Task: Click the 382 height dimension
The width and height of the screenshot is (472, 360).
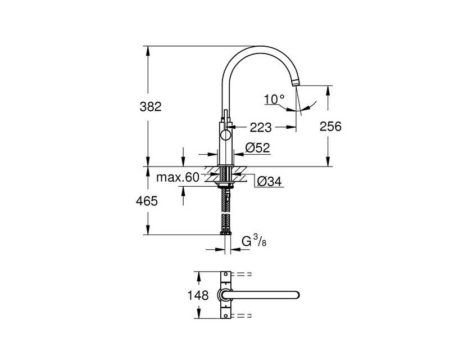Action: click(151, 107)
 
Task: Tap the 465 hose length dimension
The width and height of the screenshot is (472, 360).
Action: click(147, 201)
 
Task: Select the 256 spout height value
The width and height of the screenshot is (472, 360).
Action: click(330, 127)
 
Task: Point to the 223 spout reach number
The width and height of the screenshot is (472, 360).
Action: click(261, 128)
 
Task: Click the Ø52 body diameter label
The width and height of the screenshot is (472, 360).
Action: click(258, 147)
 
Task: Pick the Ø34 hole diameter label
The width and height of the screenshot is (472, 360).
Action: click(269, 181)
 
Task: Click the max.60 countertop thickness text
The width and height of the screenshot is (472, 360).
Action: click(178, 177)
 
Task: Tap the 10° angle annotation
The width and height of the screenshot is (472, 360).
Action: click(275, 99)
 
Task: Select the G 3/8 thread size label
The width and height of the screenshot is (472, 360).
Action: click(255, 241)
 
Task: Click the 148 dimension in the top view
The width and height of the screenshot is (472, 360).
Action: click(198, 295)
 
